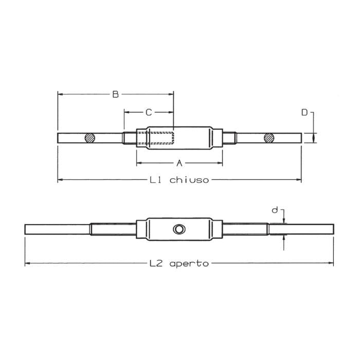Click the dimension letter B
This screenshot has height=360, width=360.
click(116, 94)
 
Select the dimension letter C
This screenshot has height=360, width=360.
click(149, 112)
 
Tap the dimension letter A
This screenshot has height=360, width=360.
click(179, 163)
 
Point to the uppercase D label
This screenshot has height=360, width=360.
click(304, 112)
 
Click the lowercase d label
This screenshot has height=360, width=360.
click(275, 210)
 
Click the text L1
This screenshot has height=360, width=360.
click(156, 180)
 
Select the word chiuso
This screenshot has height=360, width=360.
click(189, 180)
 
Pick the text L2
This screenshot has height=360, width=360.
click(156, 263)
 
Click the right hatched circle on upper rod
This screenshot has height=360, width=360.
click(269, 137)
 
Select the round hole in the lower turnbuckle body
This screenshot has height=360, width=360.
click(178, 229)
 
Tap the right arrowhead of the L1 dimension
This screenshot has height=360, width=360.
click(299, 179)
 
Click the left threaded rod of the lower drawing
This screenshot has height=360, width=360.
click(113, 228)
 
